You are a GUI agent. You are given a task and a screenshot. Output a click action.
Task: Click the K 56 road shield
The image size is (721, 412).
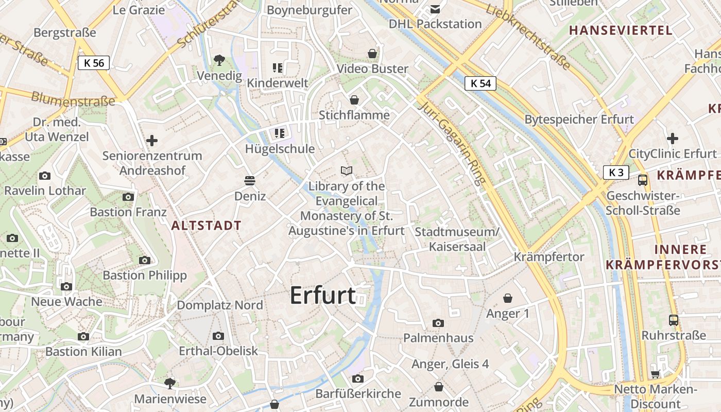click(94, 63)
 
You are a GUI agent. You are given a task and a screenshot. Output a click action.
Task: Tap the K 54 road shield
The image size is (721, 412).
click(480, 83)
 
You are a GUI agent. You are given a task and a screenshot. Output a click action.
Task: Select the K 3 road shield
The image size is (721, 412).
click(616, 173)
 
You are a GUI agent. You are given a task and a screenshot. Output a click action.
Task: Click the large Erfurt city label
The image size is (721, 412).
click(323, 296)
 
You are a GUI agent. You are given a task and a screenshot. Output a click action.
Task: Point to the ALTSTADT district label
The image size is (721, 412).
click(206, 226)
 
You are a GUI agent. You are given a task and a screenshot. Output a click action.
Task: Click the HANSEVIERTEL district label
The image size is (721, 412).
click(621, 30)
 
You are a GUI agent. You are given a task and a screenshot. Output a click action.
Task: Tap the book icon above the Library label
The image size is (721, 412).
click(347, 170)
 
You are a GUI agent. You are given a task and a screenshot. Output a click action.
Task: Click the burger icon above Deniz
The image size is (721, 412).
click(250, 181)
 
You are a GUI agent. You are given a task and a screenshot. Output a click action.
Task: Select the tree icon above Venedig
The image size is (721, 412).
click(219, 60)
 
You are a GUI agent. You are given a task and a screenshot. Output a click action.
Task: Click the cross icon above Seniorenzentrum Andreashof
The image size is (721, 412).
click(152, 140)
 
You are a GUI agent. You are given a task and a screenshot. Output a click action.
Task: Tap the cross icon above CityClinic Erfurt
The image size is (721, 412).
click(672, 139)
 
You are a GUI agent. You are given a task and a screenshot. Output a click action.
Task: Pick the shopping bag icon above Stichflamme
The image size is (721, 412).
click(354, 99)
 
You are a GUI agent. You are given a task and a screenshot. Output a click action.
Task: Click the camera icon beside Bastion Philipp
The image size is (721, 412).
click(145, 260)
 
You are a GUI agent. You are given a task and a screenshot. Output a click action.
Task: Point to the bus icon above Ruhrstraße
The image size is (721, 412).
click(673, 320)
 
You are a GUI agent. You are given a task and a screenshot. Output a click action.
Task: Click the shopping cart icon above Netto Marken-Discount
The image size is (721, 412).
click(655, 374)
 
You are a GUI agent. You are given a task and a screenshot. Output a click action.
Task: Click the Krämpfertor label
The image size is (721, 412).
click(549, 256)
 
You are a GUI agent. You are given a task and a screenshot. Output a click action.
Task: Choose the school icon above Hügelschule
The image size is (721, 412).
click(280, 134)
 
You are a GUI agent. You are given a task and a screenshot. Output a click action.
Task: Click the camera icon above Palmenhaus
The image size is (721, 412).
click(438, 323)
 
